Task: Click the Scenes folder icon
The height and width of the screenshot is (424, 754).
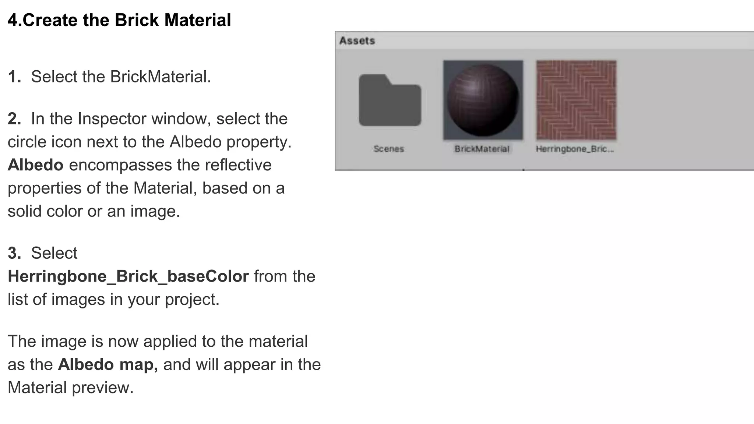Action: (390, 100)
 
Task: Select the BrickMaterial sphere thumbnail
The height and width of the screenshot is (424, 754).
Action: (483, 100)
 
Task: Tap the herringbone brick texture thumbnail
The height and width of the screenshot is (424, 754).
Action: (576, 100)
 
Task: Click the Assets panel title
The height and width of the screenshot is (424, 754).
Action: (357, 40)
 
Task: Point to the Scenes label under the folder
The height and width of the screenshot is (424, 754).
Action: (389, 149)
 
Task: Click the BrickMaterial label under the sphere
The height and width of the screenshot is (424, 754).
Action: (482, 149)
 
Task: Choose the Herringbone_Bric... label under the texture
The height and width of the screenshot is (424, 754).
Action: (575, 149)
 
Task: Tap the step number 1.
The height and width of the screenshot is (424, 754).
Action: (14, 77)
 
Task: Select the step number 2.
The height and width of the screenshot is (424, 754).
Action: (14, 119)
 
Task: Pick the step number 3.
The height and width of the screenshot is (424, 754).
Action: (14, 253)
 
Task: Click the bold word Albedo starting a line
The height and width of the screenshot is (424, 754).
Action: (35, 165)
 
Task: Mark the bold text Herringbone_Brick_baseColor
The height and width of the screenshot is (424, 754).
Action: (128, 276)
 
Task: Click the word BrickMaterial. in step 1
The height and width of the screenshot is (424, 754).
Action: (161, 77)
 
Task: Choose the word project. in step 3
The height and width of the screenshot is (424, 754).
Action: (192, 300)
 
